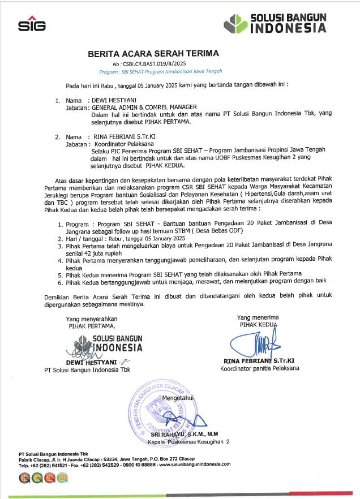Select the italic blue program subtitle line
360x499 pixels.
click(161, 72)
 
